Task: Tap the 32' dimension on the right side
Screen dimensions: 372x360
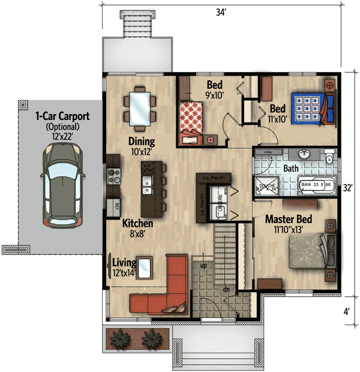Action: [347, 187]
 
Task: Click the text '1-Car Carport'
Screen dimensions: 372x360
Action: [61, 116]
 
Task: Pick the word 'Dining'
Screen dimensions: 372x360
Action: [141, 142]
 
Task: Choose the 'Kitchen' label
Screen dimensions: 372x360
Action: [137, 223]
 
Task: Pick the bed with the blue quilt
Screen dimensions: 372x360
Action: [311, 107]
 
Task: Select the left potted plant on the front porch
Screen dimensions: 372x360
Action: [121, 339]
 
